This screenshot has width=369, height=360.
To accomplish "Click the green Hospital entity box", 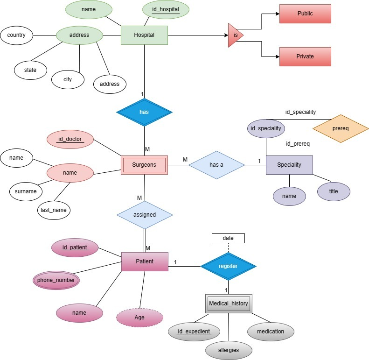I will tap(144, 35).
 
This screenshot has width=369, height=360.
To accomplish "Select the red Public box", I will tap(305, 14).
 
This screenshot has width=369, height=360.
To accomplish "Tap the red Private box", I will tap(305, 56).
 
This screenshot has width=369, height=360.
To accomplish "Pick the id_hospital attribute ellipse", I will tap(166, 10).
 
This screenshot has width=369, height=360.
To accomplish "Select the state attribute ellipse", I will tap(30, 70).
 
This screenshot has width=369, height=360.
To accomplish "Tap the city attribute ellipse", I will tap(68, 79).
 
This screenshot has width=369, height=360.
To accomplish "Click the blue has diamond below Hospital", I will tap(144, 112).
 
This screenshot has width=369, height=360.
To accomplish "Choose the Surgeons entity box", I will tap(144, 165).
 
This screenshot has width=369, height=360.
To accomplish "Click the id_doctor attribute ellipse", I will tap(70, 139).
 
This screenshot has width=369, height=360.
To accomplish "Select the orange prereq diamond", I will tap(341, 128).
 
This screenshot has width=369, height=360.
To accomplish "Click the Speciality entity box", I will tap(289, 165).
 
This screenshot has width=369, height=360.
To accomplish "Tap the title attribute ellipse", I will tap(334, 191).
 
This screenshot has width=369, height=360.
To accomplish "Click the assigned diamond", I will tap(145, 215).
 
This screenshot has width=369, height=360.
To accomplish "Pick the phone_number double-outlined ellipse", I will tap(56, 280).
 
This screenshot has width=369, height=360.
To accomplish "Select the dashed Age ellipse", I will tap(139, 318).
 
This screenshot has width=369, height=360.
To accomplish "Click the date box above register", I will tap(228, 238).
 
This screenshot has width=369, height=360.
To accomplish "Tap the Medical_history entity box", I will tap(229, 304).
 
